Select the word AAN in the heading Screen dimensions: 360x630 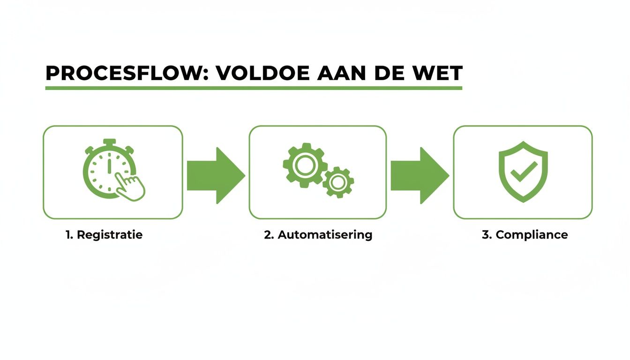pyautogui.click(x=341, y=74)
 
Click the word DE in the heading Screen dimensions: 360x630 pyautogui.click(x=389, y=74)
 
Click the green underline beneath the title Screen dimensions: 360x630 pyautogui.click(x=253, y=88)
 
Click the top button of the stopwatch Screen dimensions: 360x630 pyautogui.click(x=109, y=141)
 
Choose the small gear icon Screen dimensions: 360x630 pyautogui.click(x=337, y=182)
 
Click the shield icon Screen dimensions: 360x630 pyautogui.click(x=523, y=172)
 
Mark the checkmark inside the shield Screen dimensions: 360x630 pyautogui.click(x=523, y=172)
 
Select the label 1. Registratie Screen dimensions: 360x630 pyautogui.click(x=104, y=235)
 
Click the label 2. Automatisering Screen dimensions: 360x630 pyautogui.click(x=318, y=235)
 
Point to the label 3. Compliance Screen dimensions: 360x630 pyautogui.click(x=525, y=235)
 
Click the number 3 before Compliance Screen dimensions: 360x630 pyautogui.click(x=485, y=235)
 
